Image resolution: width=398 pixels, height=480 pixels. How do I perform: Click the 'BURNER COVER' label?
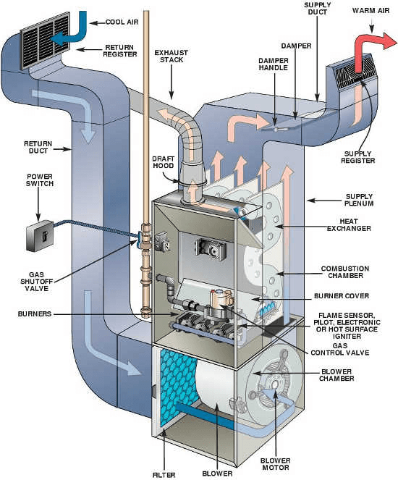click(x=345, y=296)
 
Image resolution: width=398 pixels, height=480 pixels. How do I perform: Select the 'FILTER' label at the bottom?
click(x=164, y=474)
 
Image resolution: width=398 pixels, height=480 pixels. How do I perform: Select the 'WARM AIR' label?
click(x=371, y=12)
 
